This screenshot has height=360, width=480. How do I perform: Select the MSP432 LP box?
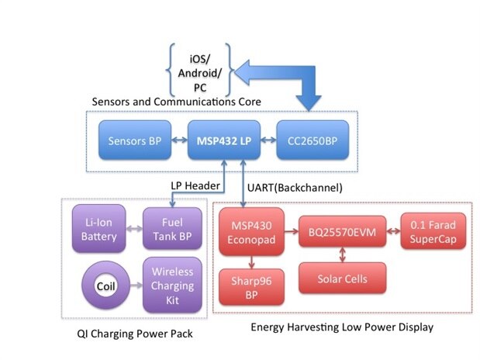(x=223, y=141)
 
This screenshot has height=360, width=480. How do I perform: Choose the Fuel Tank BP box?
(x=171, y=231)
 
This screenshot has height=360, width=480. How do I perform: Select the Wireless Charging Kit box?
(x=171, y=284)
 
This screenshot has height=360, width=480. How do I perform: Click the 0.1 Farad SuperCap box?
(x=433, y=231)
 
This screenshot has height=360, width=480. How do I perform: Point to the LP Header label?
(x=194, y=186)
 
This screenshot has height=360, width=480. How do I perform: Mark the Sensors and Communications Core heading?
(x=177, y=102)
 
